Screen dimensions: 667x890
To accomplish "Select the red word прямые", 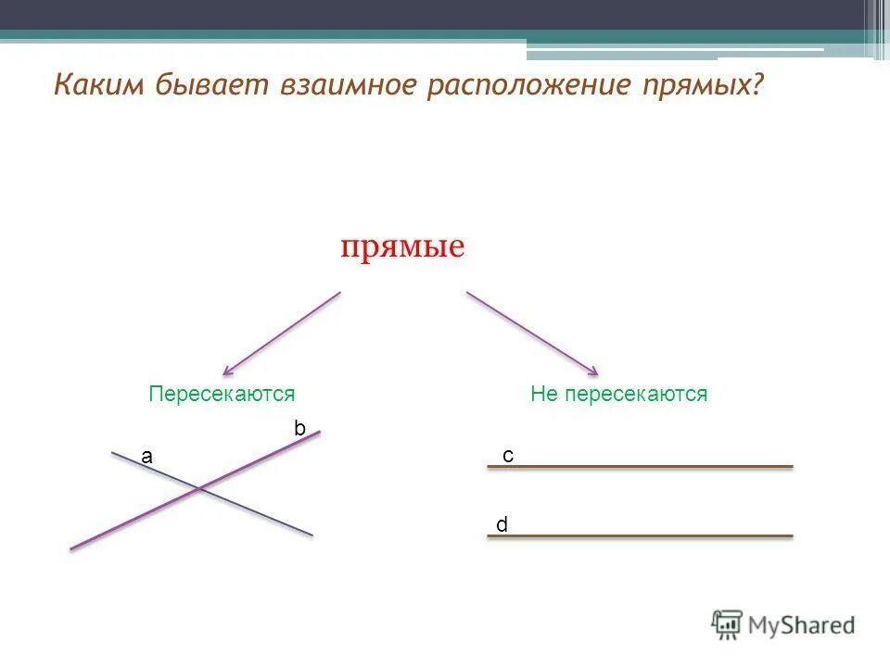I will [401, 247].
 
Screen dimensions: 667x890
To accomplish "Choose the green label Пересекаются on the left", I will [222, 394].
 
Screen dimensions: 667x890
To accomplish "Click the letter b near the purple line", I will [299, 428].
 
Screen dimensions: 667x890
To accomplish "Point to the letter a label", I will [146, 456].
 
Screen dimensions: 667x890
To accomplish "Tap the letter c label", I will [508, 456].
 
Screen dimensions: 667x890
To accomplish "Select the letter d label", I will [502, 525].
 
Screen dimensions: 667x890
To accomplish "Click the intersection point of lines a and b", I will [197, 488].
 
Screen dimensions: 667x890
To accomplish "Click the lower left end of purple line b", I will [72, 547].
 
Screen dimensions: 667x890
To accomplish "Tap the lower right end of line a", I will [311, 534].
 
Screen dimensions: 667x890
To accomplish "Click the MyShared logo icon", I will [728, 623].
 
